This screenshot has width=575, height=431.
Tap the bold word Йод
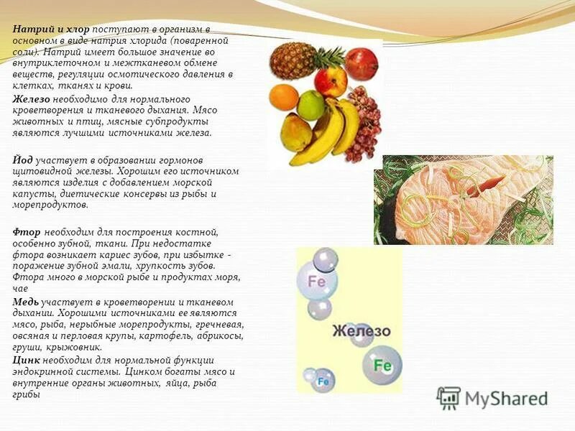[x=22, y=159]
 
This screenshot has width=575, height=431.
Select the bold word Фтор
[x=27, y=232]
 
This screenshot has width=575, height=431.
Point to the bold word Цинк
[x=26, y=360]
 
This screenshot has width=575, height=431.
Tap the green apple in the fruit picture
[x=311, y=105]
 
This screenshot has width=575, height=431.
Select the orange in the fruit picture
[x=284, y=97]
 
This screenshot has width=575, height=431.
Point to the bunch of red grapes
[x=363, y=122]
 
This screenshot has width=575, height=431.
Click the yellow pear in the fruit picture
[x=295, y=133]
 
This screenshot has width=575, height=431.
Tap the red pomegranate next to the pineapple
[x=361, y=64]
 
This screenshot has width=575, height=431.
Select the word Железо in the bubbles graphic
[x=361, y=331]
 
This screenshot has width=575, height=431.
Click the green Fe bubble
[x=382, y=366]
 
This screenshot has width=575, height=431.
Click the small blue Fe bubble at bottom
[x=323, y=381]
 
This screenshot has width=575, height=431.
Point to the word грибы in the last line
[x=26, y=394]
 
